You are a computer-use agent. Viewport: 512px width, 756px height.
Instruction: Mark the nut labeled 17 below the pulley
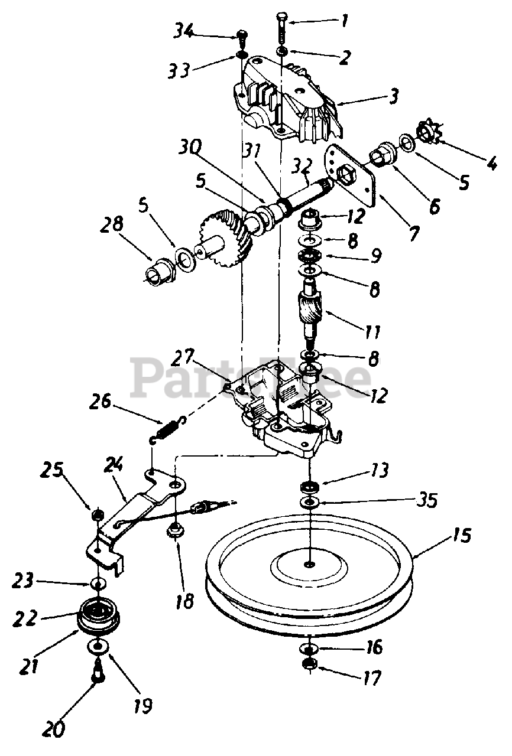(309, 664)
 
